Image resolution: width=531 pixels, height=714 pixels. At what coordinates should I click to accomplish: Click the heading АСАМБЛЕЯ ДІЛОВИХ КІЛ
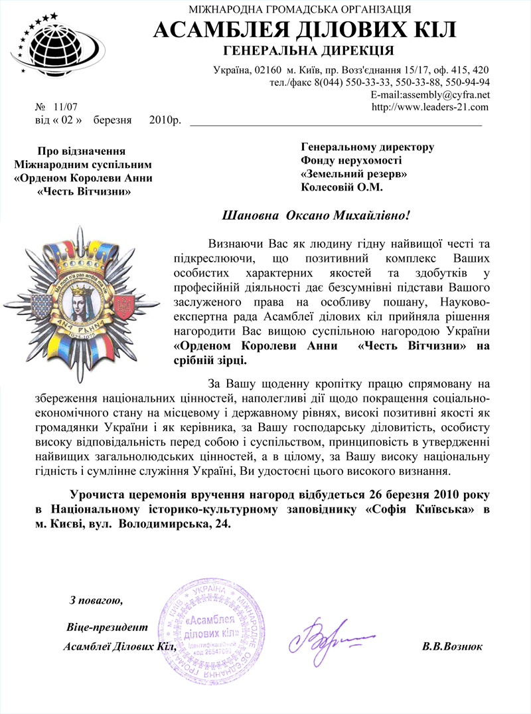305,30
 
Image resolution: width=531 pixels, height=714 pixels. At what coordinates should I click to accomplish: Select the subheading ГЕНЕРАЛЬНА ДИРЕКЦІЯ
309,51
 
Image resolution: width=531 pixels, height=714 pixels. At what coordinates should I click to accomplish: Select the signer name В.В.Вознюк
452,646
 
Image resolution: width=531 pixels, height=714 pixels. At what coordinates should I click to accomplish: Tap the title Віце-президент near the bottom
107,627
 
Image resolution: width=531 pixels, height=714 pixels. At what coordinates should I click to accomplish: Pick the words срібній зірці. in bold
209,360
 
